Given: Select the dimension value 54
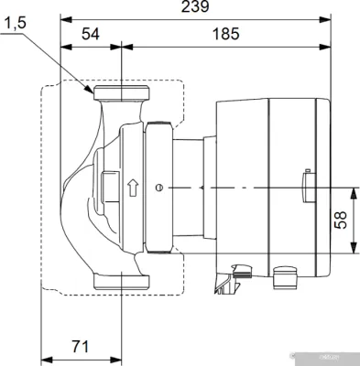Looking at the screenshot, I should click(92, 34).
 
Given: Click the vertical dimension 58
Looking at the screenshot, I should click(340, 220).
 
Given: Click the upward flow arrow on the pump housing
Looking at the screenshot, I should click(134, 188).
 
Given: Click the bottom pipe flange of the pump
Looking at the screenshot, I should click(120, 282).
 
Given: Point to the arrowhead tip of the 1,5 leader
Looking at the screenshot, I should click(92, 91).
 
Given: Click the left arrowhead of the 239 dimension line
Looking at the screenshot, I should click(62, 17).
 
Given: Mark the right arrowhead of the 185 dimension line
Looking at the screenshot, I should click(329, 45).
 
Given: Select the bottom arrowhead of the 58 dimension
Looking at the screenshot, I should click(354, 253).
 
